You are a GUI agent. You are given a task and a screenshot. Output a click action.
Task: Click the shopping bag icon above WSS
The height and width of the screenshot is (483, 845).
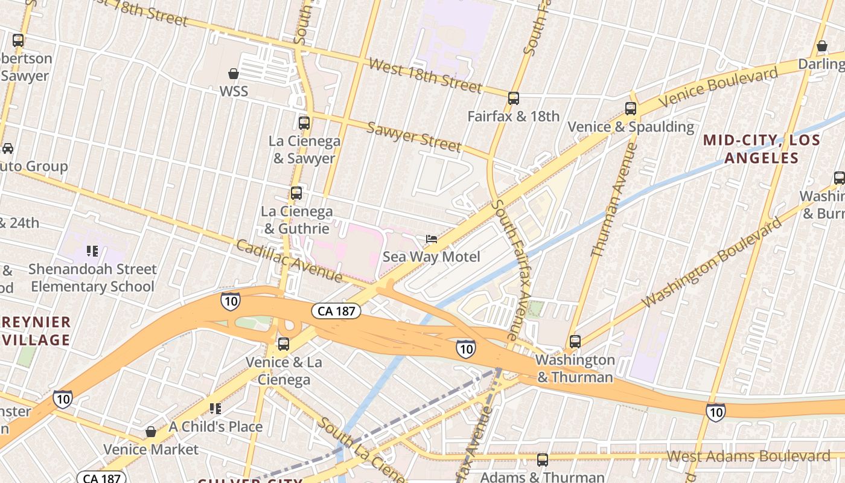point(234,74)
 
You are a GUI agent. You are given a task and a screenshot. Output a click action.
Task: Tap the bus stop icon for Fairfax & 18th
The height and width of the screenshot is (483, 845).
point(514,98)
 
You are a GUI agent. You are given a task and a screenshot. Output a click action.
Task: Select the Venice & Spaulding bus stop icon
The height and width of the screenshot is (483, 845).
point(631,109)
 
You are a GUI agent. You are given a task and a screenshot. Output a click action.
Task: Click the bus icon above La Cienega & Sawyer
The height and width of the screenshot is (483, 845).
point(304,123)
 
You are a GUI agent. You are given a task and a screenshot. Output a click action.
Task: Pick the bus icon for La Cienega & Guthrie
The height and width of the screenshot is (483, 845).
point(296,193)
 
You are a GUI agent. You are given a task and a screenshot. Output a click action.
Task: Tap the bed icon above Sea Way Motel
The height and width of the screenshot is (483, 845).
point(432,239)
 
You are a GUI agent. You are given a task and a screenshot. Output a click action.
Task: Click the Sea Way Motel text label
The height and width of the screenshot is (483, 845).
point(432,257)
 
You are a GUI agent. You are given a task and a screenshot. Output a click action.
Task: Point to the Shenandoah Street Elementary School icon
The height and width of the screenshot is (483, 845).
point(92,251)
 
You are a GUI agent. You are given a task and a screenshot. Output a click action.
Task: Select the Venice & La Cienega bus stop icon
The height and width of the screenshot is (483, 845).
point(283,344)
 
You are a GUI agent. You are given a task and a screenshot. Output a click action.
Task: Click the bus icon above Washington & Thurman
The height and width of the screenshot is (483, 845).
point(575,342)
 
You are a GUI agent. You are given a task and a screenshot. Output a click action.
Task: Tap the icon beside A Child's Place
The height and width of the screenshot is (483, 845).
point(215,409)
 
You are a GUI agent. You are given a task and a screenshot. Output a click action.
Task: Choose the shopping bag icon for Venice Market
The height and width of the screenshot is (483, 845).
point(151,432)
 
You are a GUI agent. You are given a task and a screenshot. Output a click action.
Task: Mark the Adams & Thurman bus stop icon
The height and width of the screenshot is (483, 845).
point(543,460)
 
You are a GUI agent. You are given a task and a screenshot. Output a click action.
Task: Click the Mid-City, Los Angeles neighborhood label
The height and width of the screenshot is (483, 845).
point(762,149)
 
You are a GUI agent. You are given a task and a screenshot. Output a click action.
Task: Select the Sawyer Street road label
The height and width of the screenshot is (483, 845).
point(414,137)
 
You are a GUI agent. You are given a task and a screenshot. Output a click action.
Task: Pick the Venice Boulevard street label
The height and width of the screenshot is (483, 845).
point(718,88)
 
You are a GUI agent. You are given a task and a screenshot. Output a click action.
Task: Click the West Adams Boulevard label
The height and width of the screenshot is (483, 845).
point(748,456)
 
